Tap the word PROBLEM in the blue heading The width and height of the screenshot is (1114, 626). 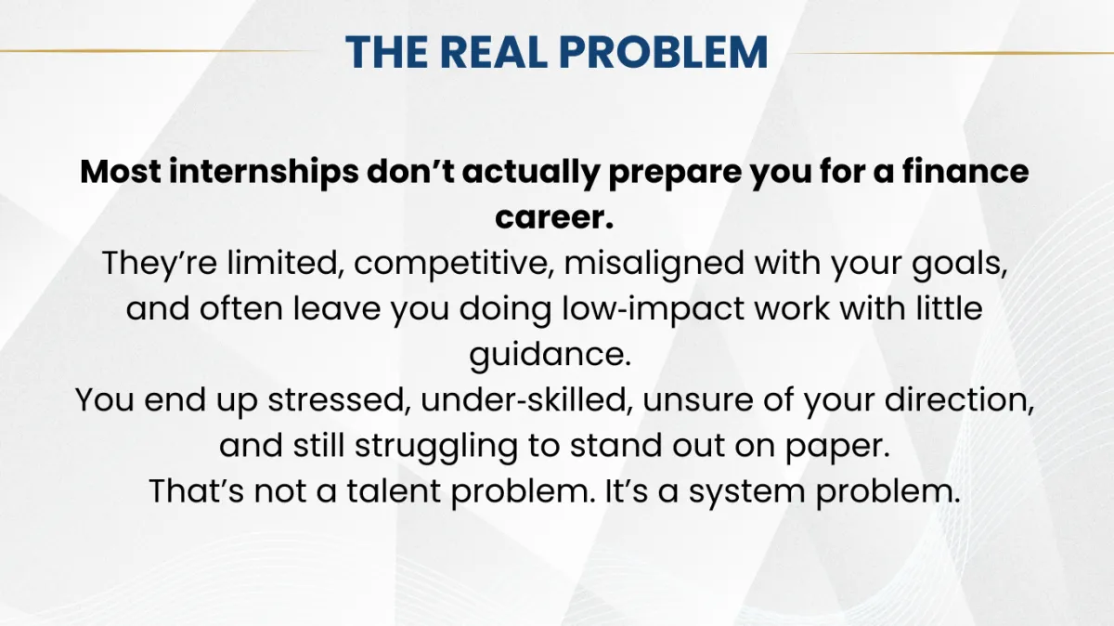tap(664, 52)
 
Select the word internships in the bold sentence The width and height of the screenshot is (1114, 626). tap(264, 171)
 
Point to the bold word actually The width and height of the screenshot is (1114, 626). tap(531, 172)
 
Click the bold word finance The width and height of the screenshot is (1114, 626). tap(965, 171)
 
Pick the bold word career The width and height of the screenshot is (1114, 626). tap(554, 217)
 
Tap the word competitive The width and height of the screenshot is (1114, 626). tap(454, 264)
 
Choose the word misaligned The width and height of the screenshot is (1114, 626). tap(654, 264)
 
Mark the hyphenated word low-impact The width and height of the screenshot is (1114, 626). tap(653, 309)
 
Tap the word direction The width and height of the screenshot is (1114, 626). tap(959, 400)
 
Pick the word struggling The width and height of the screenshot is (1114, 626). tap(436, 447)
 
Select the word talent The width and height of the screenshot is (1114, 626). tap(394, 491)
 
